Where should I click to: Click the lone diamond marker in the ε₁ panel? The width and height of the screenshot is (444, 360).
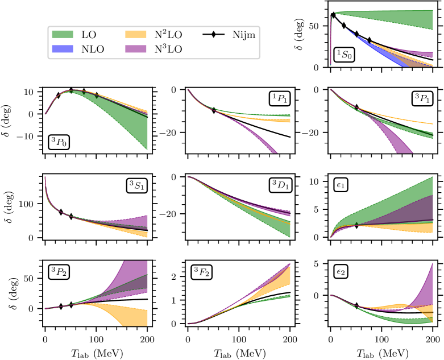[x=356, y=225]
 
